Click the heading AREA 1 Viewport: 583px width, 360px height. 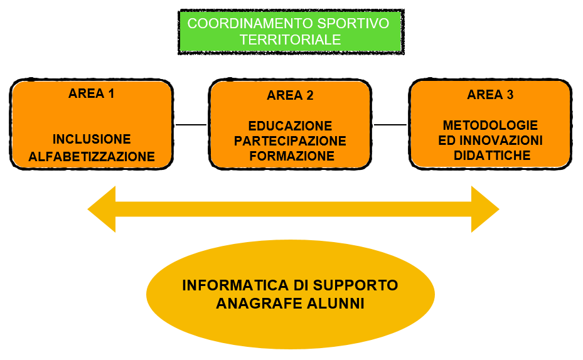92,94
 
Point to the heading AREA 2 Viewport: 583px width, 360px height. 290,95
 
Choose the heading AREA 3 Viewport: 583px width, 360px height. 490,95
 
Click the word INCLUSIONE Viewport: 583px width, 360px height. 92,139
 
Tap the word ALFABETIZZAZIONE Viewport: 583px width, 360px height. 92,157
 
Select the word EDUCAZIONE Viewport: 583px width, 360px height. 290,126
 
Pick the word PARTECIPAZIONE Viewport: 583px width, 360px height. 290,141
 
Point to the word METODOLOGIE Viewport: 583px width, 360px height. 490,125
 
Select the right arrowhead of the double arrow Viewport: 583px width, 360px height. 484,209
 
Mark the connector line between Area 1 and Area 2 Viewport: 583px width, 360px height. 191,125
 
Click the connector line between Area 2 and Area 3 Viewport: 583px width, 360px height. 390,125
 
